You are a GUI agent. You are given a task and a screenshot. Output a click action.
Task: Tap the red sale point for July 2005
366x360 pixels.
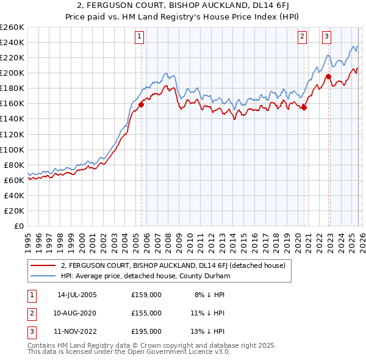[x=141, y=104]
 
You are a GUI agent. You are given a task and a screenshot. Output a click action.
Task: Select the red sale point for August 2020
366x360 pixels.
[x=304, y=107]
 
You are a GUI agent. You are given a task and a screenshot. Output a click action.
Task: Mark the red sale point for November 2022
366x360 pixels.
[x=328, y=77]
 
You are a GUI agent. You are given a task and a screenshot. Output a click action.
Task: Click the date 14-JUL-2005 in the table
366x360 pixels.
[x=77, y=295]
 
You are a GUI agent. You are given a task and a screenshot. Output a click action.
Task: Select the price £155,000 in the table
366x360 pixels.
[x=146, y=313]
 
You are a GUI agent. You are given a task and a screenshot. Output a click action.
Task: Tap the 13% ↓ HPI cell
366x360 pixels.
[x=207, y=331]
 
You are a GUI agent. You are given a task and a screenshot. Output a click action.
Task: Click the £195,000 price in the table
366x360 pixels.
[x=146, y=331]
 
